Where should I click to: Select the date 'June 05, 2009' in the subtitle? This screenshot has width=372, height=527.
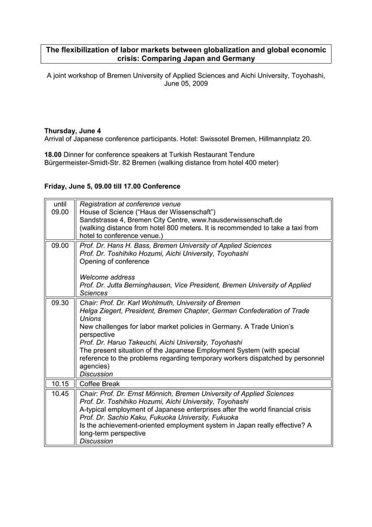[185, 84]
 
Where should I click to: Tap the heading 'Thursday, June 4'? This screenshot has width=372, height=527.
[73, 131]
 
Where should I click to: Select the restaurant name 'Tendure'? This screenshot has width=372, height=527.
[239, 154]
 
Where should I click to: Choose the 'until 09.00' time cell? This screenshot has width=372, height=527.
[60, 208]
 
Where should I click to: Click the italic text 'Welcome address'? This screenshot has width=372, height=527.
[107, 277]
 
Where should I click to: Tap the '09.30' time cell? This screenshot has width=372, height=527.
[60, 303]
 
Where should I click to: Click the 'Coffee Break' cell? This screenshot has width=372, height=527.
[100, 383]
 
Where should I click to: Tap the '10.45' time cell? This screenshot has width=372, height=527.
[60, 394]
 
